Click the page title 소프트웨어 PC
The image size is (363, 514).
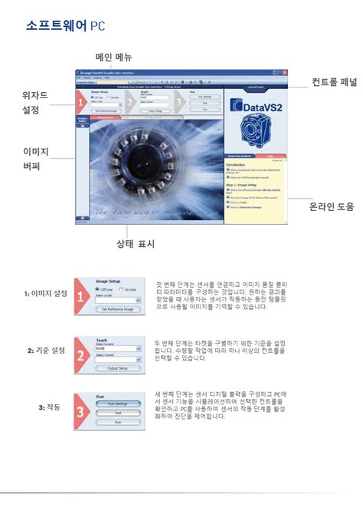pyautogui.click(x=65, y=26)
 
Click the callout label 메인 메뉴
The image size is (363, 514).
pyautogui.click(x=113, y=58)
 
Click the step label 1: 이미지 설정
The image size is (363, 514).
pyautogui.click(x=44, y=293)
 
